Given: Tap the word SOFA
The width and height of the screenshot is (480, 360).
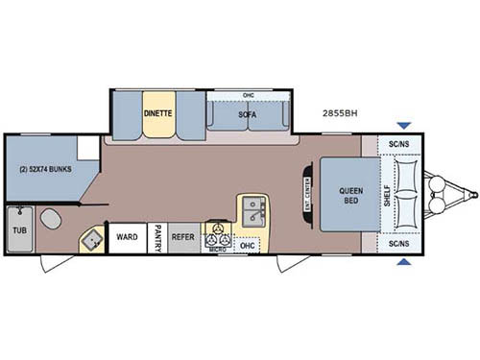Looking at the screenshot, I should [248, 114].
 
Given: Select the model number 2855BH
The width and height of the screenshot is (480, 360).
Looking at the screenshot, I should [341, 112].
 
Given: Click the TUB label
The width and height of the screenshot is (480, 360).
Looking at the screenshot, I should [18, 230].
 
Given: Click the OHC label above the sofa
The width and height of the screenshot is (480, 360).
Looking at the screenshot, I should [248, 95].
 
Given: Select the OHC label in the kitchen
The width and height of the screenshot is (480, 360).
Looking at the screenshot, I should [248, 245].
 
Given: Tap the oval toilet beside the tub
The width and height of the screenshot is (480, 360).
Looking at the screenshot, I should [52, 220].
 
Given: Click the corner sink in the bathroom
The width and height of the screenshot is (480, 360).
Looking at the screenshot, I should [93, 240].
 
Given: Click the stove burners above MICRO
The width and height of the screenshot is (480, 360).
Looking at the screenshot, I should [217, 234].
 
